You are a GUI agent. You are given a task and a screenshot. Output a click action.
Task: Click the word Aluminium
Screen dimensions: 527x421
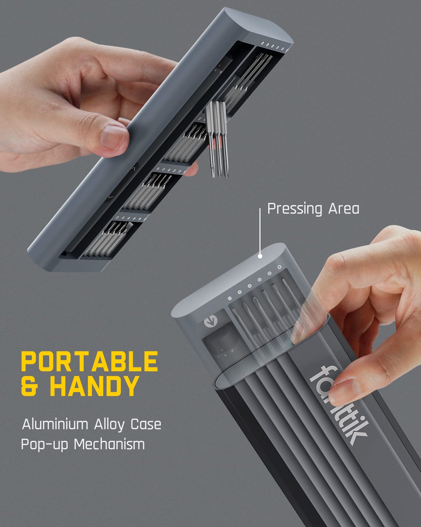(55, 424)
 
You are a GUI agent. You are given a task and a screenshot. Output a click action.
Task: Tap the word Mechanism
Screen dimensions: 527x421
(109, 444)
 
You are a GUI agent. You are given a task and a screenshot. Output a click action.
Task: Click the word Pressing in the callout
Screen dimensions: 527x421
(295, 209)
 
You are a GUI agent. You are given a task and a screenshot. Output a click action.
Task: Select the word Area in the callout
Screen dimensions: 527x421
(344, 209)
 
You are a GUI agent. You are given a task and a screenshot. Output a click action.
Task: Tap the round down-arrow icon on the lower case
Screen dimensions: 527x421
(210, 322)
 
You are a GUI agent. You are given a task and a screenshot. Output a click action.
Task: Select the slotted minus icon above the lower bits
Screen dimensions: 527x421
(230, 299)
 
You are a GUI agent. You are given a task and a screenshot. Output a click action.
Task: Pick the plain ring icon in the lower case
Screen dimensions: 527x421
(279, 267)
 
